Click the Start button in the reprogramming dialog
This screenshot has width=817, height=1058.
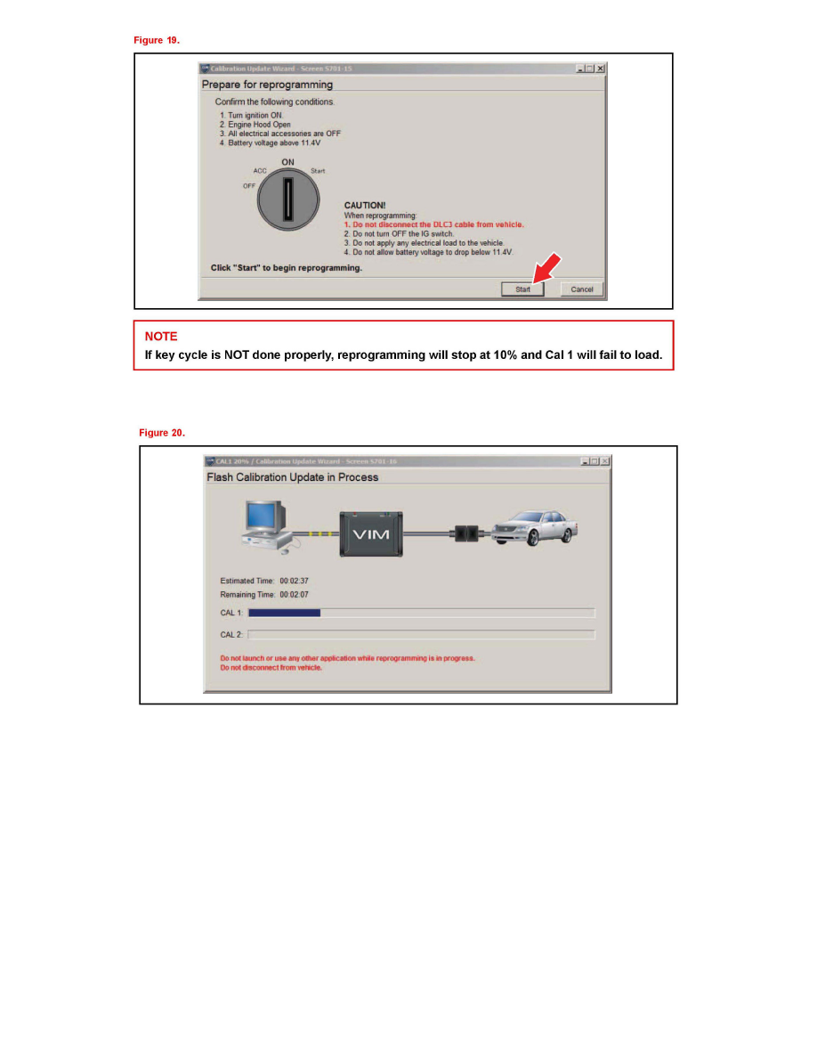pyautogui.click(x=522, y=289)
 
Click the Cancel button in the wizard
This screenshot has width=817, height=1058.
pyautogui.click(x=582, y=289)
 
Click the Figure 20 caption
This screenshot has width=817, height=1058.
pyautogui.click(x=161, y=433)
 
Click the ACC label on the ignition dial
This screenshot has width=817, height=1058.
pyautogui.click(x=260, y=171)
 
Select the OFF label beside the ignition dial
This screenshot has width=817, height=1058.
pyautogui.click(x=248, y=186)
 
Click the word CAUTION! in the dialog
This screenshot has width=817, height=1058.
pyautogui.click(x=365, y=206)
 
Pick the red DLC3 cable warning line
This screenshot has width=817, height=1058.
pyautogui.click(x=433, y=224)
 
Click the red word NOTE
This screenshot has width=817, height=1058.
pyautogui.click(x=161, y=337)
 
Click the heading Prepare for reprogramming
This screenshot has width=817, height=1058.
pyautogui.click(x=267, y=85)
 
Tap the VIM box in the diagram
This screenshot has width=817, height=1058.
pyautogui.click(x=373, y=533)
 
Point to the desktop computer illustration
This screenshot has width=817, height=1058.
pyautogui.click(x=265, y=527)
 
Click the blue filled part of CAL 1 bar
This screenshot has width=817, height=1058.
pyautogui.click(x=284, y=613)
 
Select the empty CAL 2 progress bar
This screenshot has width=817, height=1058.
pyautogui.click(x=421, y=634)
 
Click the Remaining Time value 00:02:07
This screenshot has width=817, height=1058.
pyautogui.click(x=294, y=594)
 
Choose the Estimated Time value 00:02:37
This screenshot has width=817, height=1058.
pyautogui.click(x=294, y=581)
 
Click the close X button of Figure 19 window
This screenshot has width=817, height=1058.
pyautogui.click(x=601, y=69)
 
